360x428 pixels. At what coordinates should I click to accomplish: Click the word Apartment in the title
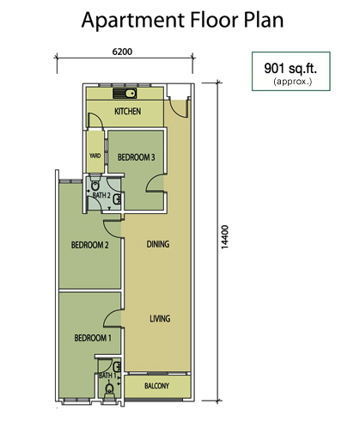133,21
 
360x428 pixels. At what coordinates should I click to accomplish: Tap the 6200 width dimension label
122,52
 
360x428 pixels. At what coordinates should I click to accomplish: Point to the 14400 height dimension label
225,237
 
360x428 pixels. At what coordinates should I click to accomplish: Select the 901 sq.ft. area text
290,68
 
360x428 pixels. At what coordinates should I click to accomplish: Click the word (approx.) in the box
292,82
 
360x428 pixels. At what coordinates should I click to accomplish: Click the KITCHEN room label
128,111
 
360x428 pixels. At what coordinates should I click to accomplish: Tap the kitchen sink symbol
125,94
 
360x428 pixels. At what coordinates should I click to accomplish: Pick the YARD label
95,156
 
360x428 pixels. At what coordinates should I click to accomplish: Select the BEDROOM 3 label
137,157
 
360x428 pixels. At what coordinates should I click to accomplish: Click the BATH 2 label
101,195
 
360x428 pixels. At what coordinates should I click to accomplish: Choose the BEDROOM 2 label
90,245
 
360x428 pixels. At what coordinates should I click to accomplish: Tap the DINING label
158,244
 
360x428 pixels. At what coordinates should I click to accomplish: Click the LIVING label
160,319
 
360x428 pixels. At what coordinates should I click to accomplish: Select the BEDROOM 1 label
93,338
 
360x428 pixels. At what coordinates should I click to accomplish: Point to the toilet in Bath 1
108,390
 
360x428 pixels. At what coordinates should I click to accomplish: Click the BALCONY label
156,386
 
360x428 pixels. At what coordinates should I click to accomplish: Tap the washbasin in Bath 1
117,367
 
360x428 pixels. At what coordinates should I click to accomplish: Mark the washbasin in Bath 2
117,199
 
